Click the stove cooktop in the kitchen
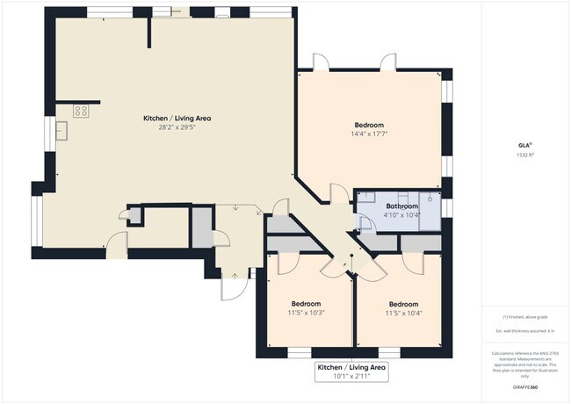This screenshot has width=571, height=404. point(81,111)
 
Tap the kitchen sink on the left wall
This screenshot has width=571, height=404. point(61,132)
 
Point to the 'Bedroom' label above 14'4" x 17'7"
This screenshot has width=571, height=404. point(369,125)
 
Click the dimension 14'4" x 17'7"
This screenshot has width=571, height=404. point(369,134)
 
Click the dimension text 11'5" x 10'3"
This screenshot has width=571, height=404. point(307,313)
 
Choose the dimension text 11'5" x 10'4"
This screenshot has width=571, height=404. point(404,313)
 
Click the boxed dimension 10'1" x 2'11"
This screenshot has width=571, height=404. point(351,377)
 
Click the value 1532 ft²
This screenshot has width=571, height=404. point(524,155)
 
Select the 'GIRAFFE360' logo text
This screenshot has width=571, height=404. point(524,386)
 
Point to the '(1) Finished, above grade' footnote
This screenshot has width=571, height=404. point(524,317)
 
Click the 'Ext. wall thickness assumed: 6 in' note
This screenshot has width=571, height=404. point(524,330)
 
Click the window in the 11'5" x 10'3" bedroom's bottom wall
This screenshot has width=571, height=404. point(300,353)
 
